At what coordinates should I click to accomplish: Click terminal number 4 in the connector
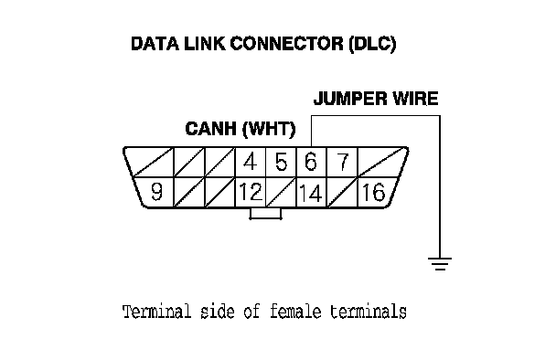point(250,162)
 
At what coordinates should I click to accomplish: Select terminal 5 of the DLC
point(281,162)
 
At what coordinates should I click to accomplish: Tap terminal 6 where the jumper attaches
point(311,162)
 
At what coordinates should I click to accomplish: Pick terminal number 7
point(343,162)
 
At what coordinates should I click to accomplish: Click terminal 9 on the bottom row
point(156,192)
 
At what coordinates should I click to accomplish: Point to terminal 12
point(251,192)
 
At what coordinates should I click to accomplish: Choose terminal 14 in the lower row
point(311,193)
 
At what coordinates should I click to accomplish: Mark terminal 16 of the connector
point(373,193)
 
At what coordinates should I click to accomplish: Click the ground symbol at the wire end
point(440,264)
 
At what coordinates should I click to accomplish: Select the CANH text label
point(211,129)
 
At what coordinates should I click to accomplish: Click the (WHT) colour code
point(269,129)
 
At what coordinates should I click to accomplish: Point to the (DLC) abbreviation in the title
point(372,44)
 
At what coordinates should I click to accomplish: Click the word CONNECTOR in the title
point(287,44)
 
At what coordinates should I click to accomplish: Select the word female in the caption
point(295,312)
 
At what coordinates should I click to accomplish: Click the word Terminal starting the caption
point(156,312)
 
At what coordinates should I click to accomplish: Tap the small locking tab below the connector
point(265,214)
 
